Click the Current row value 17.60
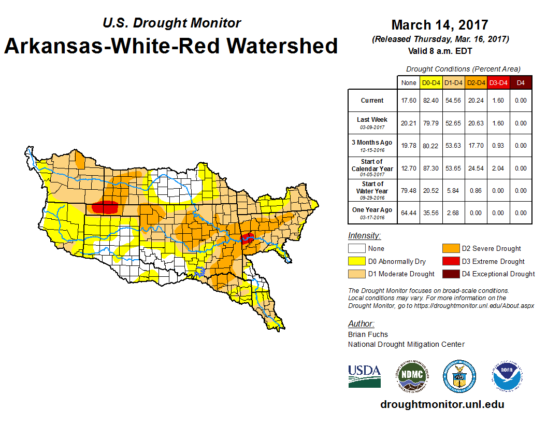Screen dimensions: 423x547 [x=409, y=101]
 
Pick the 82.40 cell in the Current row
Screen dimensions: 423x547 [x=431, y=101]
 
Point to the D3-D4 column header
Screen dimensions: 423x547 [x=498, y=82]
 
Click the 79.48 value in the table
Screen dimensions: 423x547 [x=409, y=190]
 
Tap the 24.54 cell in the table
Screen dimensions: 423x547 [x=476, y=168]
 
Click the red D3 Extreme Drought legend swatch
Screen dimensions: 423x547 [x=451, y=261]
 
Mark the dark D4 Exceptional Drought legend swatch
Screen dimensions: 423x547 [x=451, y=274]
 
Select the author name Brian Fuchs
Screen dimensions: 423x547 [x=368, y=334]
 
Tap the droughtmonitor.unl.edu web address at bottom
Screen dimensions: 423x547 [x=442, y=404]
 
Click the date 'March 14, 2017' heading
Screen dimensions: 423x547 [x=440, y=24]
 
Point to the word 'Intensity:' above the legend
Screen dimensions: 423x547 [x=364, y=236]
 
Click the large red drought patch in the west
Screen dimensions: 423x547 [x=106, y=207]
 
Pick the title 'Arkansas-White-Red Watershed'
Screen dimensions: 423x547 [x=171, y=46]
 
